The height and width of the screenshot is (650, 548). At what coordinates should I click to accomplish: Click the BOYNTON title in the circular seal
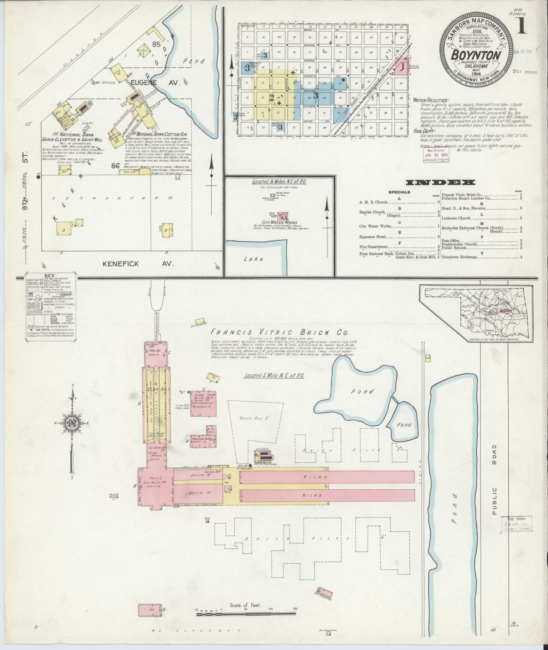[x=476, y=56]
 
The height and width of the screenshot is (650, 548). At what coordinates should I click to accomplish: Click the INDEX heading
[x=440, y=183]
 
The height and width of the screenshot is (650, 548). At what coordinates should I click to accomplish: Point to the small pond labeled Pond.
[x=404, y=425]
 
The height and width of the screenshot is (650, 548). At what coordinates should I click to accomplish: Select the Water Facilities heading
[x=430, y=101]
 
